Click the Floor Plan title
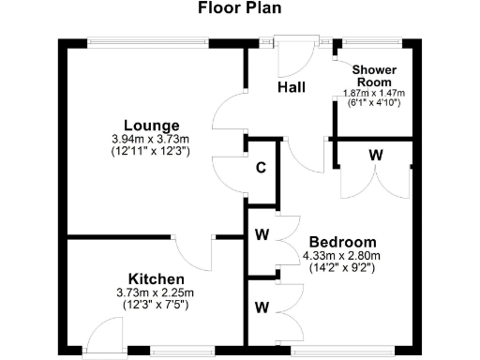click(x=239, y=9)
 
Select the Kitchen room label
click(x=156, y=279)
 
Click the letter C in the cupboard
click(x=261, y=169)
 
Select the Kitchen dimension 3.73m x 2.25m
click(x=156, y=293)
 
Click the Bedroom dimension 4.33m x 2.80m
click(x=341, y=255)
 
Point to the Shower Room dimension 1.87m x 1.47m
click(x=374, y=93)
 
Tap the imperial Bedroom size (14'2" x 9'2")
click(x=341, y=266)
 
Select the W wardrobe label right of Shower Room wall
click(x=374, y=154)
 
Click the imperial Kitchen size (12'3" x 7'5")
click(x=156, y=305)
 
